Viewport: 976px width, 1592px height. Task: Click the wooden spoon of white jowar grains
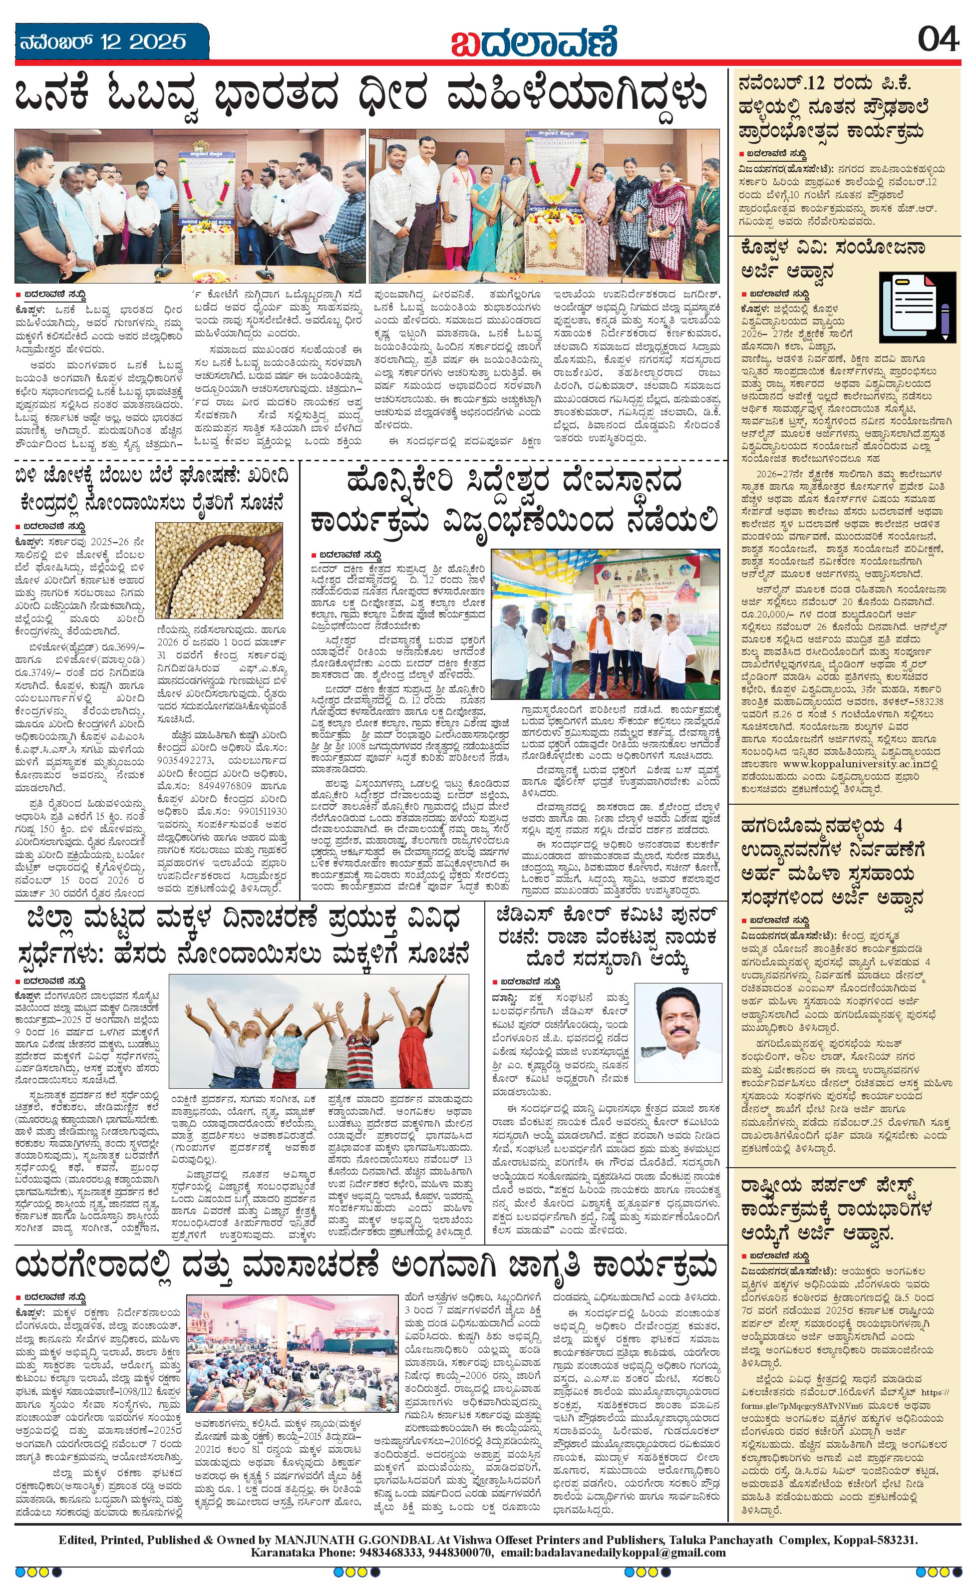[219, 571]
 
